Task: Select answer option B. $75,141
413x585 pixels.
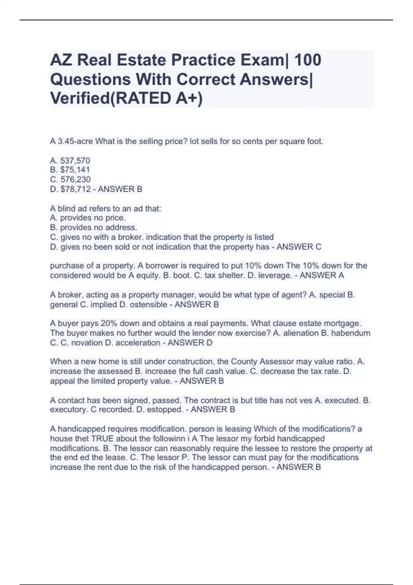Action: click(70, 170)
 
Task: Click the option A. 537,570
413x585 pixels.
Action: click(70, 160)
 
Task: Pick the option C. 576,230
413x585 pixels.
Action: click(70, 179)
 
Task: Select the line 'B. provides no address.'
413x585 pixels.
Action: click(93, 227)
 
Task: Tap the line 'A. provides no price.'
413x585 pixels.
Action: click(88, 218)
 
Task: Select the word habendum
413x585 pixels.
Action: click(351, 333)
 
